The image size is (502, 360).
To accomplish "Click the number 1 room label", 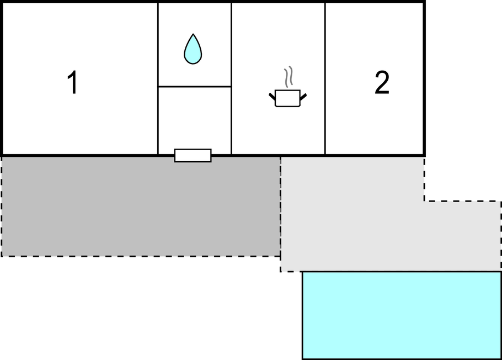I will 72,83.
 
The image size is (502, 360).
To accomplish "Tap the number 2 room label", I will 382,83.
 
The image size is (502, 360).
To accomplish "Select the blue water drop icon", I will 193,49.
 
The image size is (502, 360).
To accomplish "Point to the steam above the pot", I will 287,76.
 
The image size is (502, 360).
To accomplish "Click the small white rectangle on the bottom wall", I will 193,155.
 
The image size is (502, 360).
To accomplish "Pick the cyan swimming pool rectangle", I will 401,315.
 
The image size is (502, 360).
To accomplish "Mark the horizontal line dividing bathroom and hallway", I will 194,87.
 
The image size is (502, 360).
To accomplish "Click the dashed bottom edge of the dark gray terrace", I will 141,256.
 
